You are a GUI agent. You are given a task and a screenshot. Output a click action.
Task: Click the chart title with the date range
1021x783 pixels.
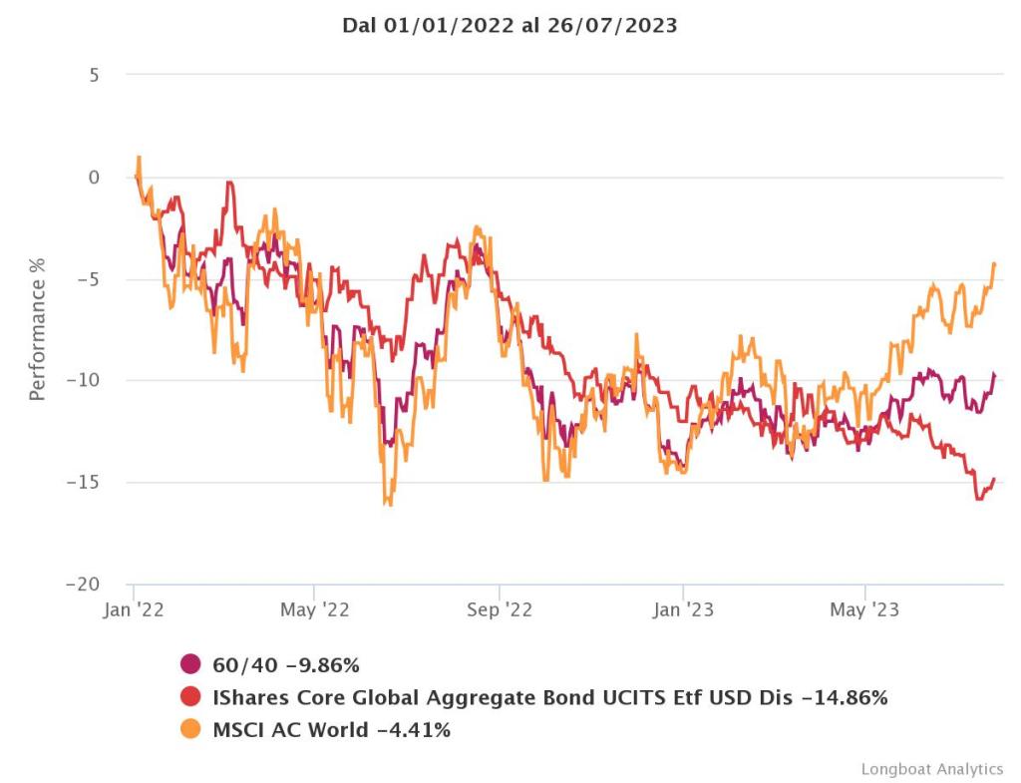pyautogui.click(x=510, y=27)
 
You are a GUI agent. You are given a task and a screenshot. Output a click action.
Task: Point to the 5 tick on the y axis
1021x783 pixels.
pyautogui.click(x=94, y=75)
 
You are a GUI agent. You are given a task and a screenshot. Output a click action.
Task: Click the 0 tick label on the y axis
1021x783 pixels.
pyautogui.click(x=94, y=178)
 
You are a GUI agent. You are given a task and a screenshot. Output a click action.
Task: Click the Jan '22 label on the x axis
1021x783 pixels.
pyautogui.click(x=134, y=610)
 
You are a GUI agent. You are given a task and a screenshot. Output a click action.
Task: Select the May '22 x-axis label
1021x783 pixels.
pyautogui.click(x=314, y=610)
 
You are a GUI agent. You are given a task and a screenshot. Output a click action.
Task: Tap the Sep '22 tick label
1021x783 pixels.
pyautogui.click(x=499, y=610)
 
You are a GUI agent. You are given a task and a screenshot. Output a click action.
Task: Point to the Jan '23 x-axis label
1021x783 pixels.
pyautogui.click(x=683, y=610)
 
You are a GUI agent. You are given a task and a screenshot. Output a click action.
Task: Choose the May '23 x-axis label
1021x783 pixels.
pyautogui.click(x=864, y=610)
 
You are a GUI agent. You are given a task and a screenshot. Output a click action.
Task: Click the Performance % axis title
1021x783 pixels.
pyautogui.click(x=38, y=340)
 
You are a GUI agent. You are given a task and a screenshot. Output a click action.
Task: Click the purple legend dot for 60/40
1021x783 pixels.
pyautogui.click(x=191, y=664)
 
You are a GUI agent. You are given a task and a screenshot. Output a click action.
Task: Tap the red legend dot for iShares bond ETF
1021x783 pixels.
pyautogui.click(x=191, y=697)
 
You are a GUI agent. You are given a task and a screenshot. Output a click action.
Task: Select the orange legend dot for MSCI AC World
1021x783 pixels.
pyautogui.click(x=191, y=729)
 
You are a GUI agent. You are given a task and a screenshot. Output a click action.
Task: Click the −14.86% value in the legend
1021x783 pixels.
pyautogui.click(x=844, y=697)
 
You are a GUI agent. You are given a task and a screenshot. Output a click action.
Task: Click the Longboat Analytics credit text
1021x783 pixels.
pyautogui.click(x=931, y=768)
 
